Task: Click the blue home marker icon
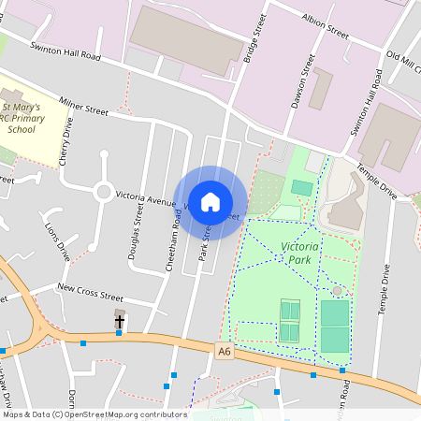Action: tap(210, 202)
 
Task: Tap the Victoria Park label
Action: tap(300, 252)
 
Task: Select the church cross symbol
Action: tap(120, 322)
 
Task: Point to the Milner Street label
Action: tap(85, 109)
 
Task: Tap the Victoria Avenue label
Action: tap(145, 199)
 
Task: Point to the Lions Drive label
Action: tap(57, 238)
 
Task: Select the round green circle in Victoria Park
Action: tap(337, 292)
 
